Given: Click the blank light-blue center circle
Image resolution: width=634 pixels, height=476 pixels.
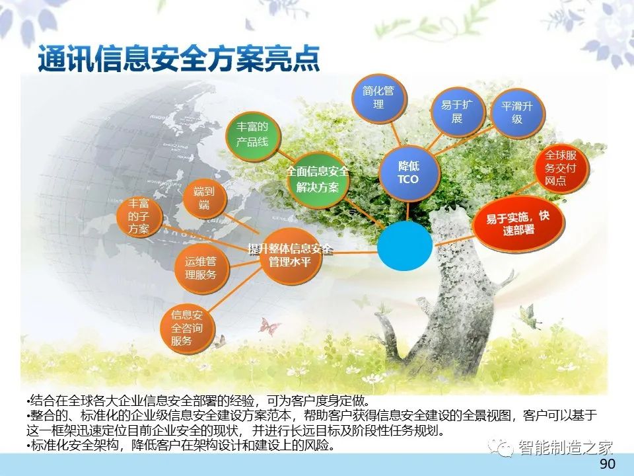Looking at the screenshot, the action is coord(405,246).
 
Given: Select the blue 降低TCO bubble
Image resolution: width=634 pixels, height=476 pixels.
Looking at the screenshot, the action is coord(409,173).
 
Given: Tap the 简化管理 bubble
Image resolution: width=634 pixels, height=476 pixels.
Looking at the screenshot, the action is coord(379,98).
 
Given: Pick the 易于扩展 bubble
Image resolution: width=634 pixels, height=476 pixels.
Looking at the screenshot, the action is coord(457,112).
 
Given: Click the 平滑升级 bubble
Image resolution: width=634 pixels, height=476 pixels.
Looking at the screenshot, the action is coord(518,113).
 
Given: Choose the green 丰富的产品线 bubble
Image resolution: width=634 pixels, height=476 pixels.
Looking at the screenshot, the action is coord(253,135).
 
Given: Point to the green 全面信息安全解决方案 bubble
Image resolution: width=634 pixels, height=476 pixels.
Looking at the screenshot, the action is coord(318,179).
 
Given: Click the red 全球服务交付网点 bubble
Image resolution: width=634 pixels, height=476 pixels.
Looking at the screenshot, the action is coord(561,168).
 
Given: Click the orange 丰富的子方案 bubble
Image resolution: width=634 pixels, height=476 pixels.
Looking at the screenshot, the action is coord(139,217).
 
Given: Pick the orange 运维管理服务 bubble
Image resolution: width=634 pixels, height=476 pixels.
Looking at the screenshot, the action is coord(201,268).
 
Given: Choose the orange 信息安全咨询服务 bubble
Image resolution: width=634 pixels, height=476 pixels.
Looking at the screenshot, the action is coord(187,329).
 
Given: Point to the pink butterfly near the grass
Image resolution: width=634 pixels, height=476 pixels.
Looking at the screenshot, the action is coord(269,327).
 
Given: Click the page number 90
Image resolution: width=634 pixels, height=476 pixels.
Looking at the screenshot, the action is coord(607,464).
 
